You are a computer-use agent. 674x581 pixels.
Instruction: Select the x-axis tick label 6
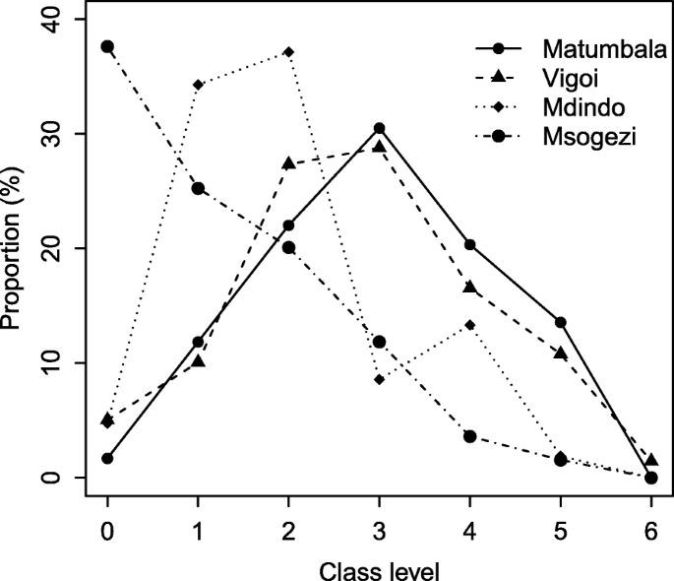[650, 528]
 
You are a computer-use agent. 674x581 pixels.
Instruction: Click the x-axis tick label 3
[379, 528]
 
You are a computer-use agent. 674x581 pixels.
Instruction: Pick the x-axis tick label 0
[107, 528]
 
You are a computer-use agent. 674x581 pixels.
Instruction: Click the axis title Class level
[379, 567]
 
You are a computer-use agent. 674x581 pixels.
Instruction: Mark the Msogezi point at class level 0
[107, 46]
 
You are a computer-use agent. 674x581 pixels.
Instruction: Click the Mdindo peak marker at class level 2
[288, 51]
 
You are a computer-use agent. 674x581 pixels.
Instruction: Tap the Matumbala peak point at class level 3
[379, 128]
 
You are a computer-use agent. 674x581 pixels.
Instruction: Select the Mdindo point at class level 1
[198, 85]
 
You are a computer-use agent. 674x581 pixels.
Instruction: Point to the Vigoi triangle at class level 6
[650, 460]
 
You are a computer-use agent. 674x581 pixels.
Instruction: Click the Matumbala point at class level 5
[560, 322]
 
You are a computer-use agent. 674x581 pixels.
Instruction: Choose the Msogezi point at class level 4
[469, 436]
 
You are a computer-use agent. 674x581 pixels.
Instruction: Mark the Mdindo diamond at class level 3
[379, 379]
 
